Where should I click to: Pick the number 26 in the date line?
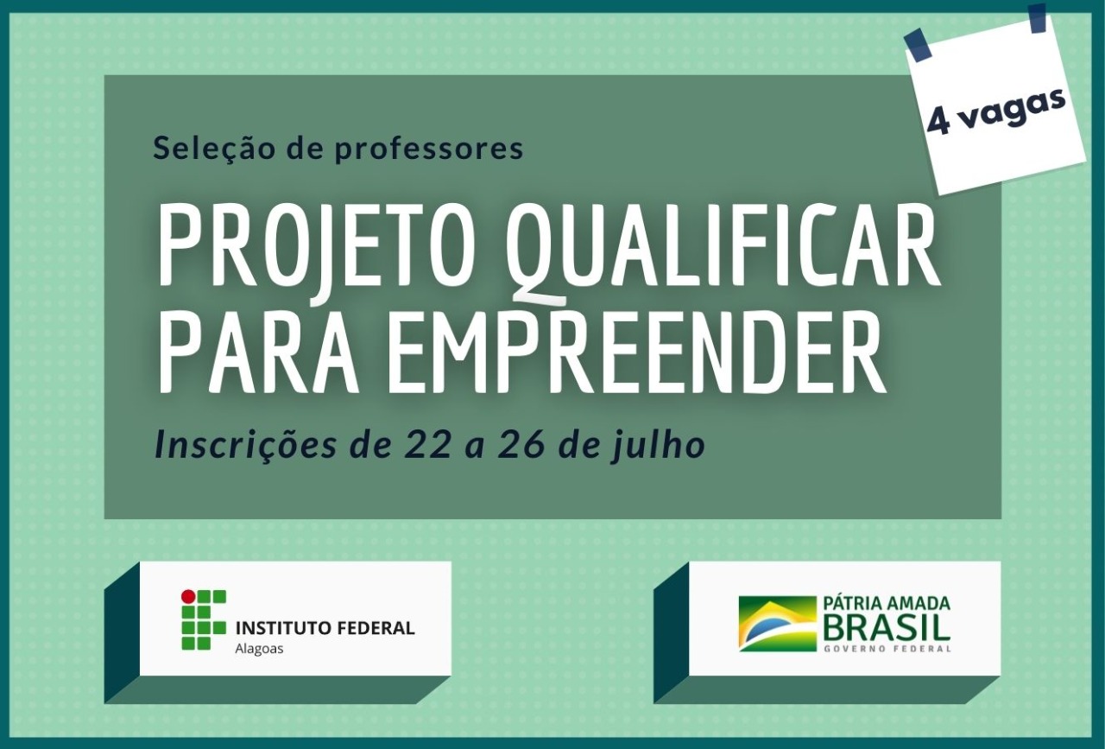click(x=520, y=446)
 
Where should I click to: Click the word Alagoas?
click(x=259, y=649)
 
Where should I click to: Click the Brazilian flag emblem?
click(x=778, y=624)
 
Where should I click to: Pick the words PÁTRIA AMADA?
click(x=887, y=603)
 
